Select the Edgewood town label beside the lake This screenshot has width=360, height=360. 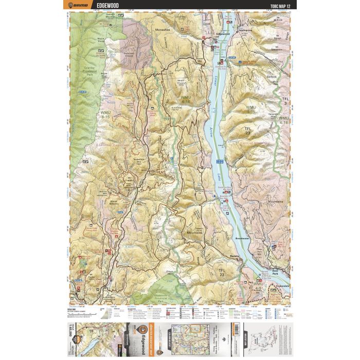tap(223, 34)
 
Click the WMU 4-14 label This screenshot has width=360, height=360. tap(185, 99)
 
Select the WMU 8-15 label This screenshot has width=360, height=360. tap(105, 114)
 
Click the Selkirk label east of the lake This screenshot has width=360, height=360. tap(272, 76)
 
